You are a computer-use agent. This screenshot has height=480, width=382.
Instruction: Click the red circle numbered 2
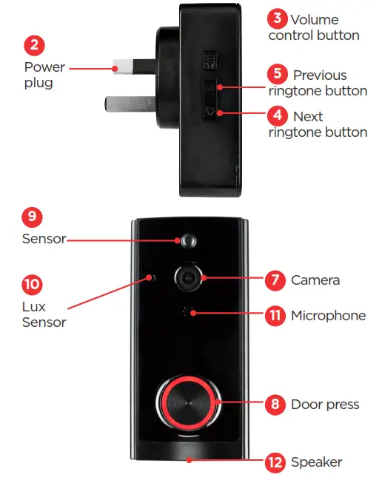pos(35,45)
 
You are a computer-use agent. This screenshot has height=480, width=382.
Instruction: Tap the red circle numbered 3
pos(278,18)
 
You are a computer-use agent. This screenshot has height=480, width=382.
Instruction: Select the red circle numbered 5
pos(276,74)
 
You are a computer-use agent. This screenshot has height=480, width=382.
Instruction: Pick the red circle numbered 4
pos(276,116)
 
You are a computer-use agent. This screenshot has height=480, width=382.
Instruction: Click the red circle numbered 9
pos(32,217)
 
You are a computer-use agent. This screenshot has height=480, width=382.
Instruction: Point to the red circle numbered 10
pos(33,284)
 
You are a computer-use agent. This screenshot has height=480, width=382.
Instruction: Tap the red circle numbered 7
pos(275,280)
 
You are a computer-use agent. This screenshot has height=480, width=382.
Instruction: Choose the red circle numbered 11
pos(275,315)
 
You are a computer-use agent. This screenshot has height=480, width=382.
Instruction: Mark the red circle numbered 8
pos(275,404)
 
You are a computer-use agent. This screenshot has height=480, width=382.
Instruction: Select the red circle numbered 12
pos(275,462)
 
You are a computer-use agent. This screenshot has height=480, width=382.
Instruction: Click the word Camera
pos(315,280)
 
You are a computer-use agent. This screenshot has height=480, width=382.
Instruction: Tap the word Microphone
pos(328,316)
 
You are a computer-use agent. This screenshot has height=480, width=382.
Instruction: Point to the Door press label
pos(324,405)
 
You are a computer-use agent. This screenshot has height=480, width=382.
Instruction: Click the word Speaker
pos(316,462)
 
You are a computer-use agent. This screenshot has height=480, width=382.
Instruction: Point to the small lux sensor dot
pos(153,277)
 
